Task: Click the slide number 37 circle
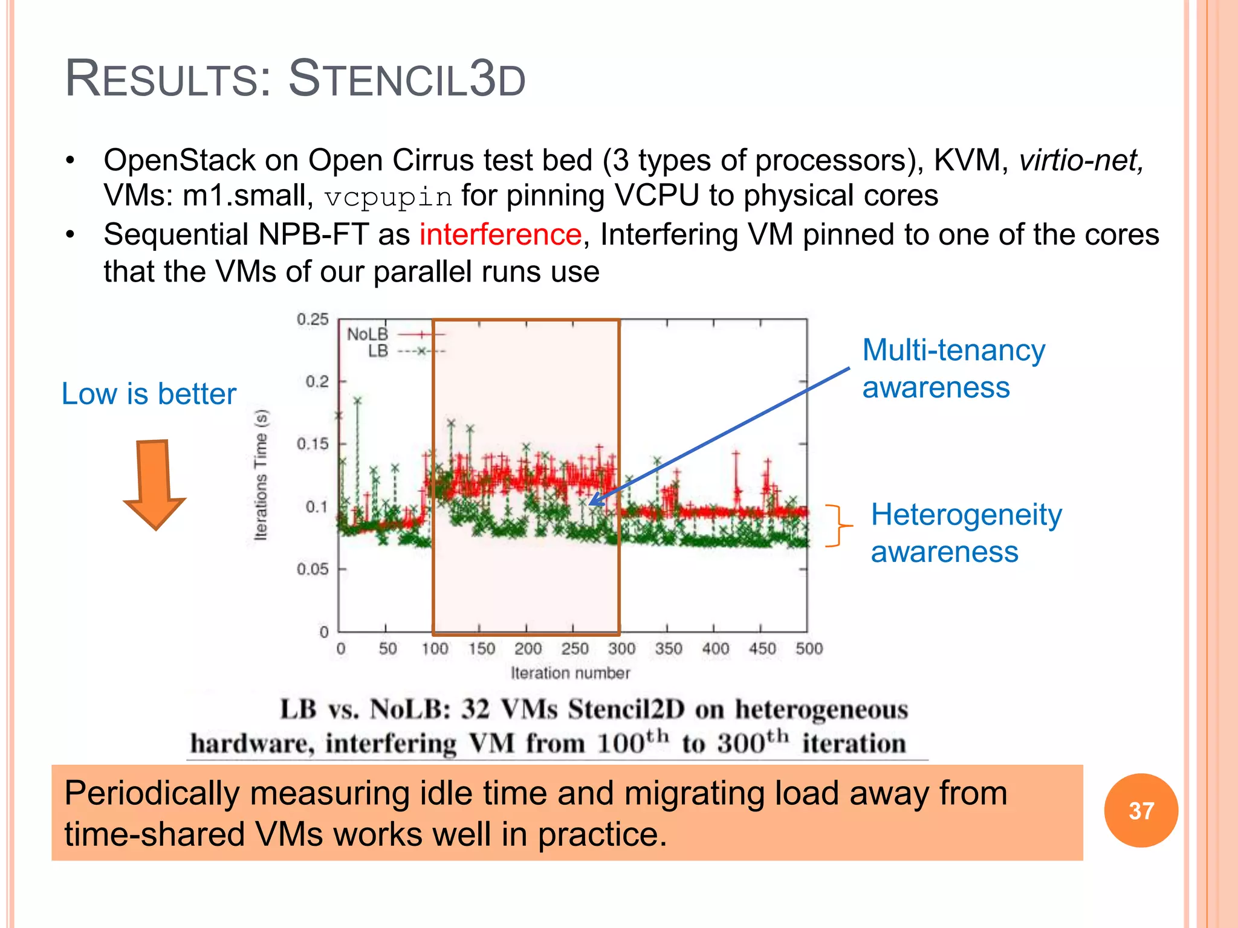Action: [x=1141, y=810]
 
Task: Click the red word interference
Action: [x=501, y=234]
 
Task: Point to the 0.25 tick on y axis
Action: [x=313, y=319]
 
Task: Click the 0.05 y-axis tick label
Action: [x=313, y=569]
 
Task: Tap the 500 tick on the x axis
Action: [x=809, y=649]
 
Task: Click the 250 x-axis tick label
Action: [x=574, y=649]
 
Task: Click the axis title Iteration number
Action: [x=570, y=673]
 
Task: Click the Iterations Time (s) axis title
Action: [x=261, y=475]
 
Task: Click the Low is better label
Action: [x=149, y=394]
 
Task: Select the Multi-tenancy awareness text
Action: [x=953, y=369]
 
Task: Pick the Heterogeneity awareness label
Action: [x=965, y=533]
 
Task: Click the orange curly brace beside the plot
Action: [x=838, y=526]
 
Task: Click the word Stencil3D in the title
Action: [x=407, y=79]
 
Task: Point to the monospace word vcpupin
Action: [x=388, y=197]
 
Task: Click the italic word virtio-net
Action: [x=1081, y=161]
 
